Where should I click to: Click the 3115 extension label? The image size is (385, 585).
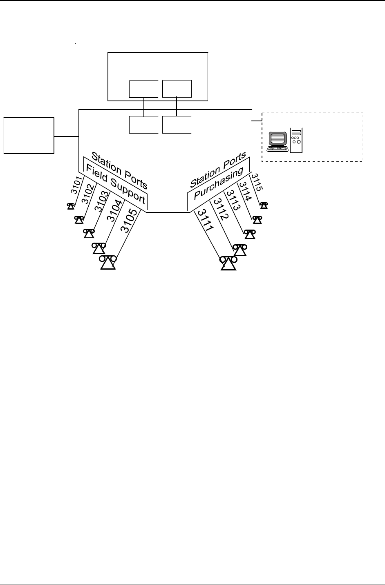257,183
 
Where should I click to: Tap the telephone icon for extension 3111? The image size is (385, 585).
228,263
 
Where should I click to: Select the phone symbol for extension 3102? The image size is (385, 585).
79,220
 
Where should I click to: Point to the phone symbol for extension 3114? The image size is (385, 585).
257,220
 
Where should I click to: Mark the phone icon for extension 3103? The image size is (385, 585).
89,233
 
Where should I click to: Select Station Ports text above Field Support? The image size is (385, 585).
119,170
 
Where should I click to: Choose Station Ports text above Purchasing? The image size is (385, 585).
219,170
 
